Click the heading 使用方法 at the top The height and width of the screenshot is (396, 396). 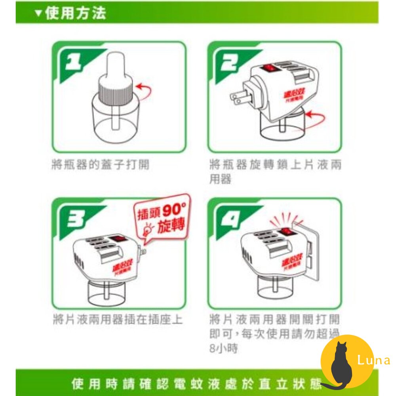point(75,13)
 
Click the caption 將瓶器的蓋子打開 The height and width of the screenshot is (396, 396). point(101,164)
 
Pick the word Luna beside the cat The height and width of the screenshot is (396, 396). point(373,360)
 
